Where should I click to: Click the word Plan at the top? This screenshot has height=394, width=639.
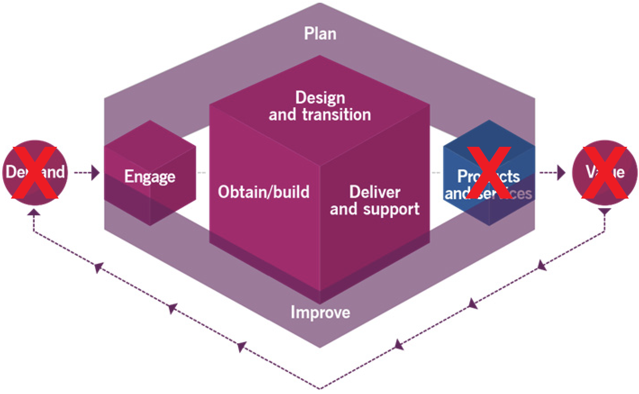[x=320, y=33]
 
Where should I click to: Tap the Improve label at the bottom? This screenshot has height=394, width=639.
[x=320, y=312]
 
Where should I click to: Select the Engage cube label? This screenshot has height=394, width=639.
[x=150, y=177]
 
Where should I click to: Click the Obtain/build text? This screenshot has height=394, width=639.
[x=263, y=192]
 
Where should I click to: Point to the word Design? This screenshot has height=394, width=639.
[x=320, y=98]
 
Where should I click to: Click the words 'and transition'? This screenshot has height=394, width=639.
[x=320, y=114]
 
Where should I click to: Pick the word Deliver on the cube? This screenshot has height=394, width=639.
[x=375, y=192]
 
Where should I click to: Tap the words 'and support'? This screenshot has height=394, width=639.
[x=375, y=209]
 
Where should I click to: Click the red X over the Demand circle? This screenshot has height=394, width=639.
[x=35, y=172]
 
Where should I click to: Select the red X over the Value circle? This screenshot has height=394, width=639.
[x=605, y=172]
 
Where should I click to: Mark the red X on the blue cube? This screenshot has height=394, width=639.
[x=489, y=172]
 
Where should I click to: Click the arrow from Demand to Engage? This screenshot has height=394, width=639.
[x=87, y=172]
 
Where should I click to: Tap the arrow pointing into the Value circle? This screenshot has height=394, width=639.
[x=553, y=172]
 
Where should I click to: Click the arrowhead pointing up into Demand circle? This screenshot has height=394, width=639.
[x=34, y=212]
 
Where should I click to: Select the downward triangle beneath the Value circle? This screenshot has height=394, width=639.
[x=604, y=211]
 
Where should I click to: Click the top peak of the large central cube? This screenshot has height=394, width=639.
[x=320, y=56]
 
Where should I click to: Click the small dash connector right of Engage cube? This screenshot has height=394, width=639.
[x=201, y=172]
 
